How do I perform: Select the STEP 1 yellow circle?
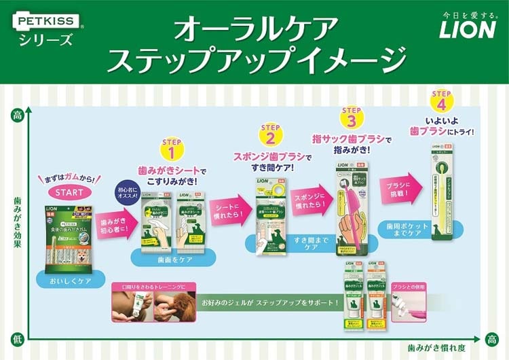[171, 149]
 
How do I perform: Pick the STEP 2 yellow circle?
[271, 136]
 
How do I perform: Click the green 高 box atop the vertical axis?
[16, 115]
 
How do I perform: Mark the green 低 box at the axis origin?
[16, 338]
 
